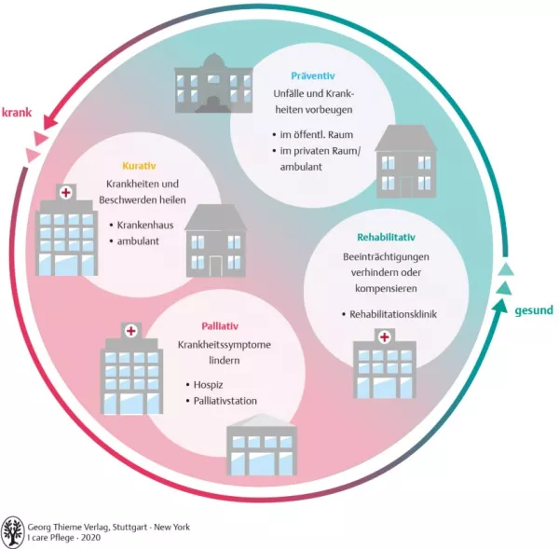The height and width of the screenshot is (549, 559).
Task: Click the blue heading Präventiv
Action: click(x=313, y=75)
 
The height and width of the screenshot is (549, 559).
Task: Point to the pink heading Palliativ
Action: click(x=220, y=326)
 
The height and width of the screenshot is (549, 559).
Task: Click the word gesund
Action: click(x=534, y=309)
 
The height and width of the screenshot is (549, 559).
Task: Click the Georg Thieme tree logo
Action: click(x=15, y=531)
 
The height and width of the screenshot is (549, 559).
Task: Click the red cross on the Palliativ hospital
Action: click(x=131, y=331)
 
